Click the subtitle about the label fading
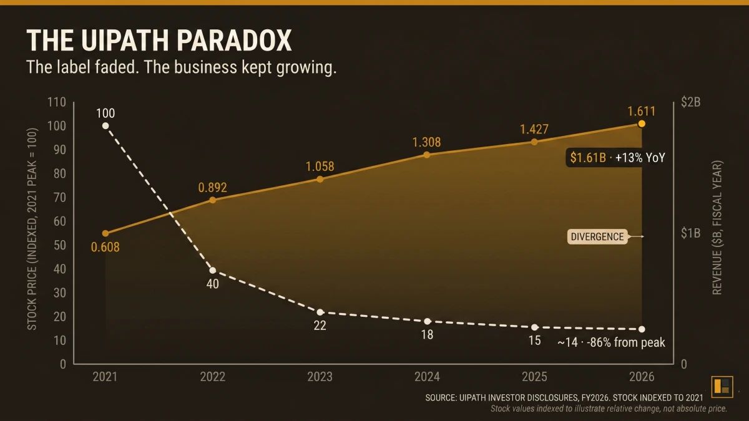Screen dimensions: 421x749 [181, 67]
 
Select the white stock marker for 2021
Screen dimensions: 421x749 [105, 125]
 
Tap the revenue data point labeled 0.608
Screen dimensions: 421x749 [105, 233]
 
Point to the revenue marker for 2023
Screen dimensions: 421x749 [320, 179]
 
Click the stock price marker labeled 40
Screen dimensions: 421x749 [213, 270]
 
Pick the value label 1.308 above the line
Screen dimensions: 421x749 [426, 143]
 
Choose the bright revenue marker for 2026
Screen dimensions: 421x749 [642, 123]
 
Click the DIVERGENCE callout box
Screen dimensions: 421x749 [597, 237]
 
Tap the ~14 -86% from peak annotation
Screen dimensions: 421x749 [611, 342]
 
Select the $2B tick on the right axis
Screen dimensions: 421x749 [690, 102]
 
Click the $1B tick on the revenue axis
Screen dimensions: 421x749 [690, 233]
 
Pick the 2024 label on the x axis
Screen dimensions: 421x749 [427, 377]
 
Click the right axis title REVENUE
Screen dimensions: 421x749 [717, 228]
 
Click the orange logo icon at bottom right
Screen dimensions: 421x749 [722, 385]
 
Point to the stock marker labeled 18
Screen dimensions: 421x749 [427, 321]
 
